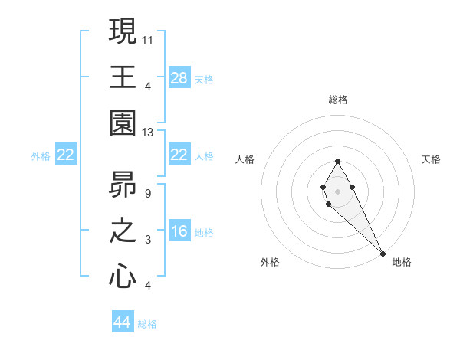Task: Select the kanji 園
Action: [123, 123]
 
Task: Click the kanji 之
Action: [123, 231]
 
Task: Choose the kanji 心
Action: [123, 277]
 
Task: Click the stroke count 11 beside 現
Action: [149, 39]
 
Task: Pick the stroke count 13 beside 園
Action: [149, 133]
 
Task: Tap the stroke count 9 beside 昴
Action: [147, 193]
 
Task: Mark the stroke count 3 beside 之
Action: [147, 241]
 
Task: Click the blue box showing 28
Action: [179, 77]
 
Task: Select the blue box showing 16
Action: [179, 231]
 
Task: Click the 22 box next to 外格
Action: [66, 155]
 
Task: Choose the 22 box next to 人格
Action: [179, 155]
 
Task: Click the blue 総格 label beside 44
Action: [147, 324]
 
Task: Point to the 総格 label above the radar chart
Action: [338, 100]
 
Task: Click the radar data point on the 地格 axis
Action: [383, 254]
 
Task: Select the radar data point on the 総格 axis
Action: [337, 162]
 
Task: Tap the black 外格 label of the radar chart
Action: [270, 263]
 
